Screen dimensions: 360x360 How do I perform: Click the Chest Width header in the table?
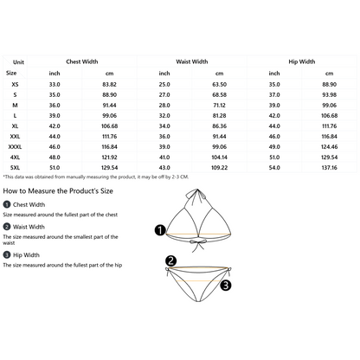coord(82,61)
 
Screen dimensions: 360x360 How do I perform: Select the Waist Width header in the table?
coord(192,61)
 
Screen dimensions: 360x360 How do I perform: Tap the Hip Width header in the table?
coord(302,61)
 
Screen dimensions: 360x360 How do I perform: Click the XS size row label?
coord(15,85)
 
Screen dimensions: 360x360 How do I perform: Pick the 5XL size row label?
coord(15,168)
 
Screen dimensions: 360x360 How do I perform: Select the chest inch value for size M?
coord(55,106)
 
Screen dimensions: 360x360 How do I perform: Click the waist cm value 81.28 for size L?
coord(219,116)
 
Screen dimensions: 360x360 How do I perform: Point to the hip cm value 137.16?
coord(329,168)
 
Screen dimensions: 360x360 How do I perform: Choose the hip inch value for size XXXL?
coord(274,147)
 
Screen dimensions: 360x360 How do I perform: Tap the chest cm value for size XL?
coord(109,126)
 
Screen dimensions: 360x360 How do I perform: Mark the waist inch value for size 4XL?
coord(164,157)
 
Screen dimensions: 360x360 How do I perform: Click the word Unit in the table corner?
coord(18,62)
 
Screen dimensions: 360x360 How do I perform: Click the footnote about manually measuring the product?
coord(96,177)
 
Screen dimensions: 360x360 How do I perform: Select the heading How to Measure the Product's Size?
coord(58,191)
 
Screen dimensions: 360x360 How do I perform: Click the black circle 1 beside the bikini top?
coord(160,230)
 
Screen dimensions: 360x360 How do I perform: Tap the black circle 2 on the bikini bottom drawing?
coord(170,260)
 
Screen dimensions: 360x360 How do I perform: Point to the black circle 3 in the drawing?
coord(226,286)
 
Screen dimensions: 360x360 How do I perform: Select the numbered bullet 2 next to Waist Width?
coord(7,227)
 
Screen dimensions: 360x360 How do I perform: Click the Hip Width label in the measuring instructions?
coord(26,255)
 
